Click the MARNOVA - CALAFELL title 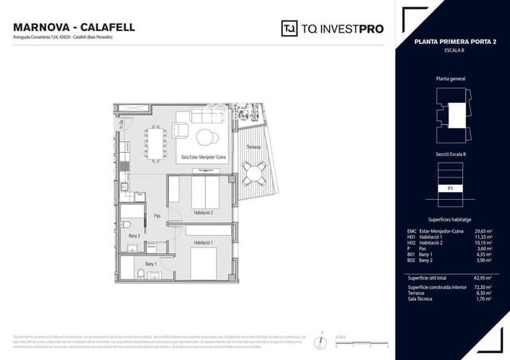(74, 27)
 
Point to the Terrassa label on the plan (253, 148)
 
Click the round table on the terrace (254, 170)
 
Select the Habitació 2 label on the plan (203, 213)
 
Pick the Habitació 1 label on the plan (202, 241)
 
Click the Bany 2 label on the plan (134, 236)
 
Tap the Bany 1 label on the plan (151, 263)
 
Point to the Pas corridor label (157, 215)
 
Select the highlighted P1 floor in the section (450, 189)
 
